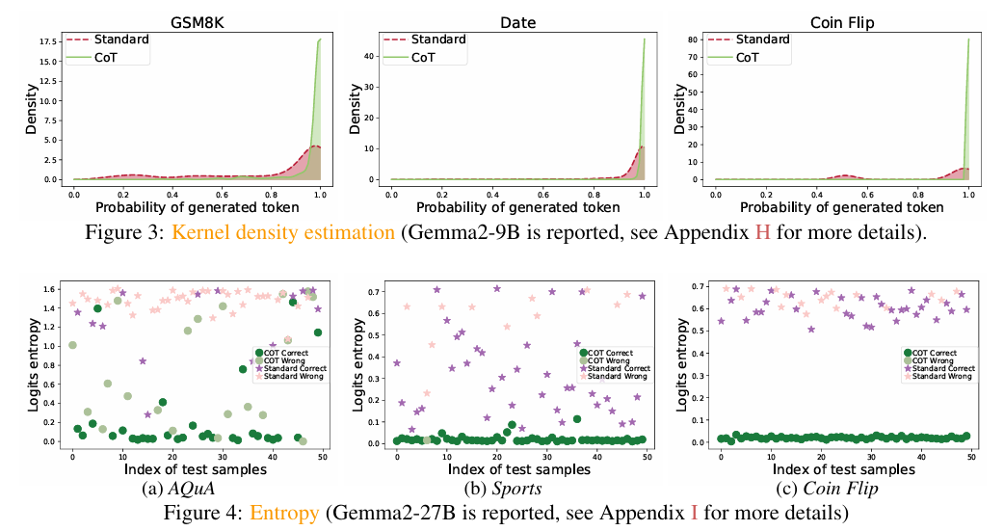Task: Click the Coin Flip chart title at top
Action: point(841,19)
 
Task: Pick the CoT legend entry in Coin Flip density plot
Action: point(760,57)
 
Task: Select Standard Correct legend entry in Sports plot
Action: point(618,368)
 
